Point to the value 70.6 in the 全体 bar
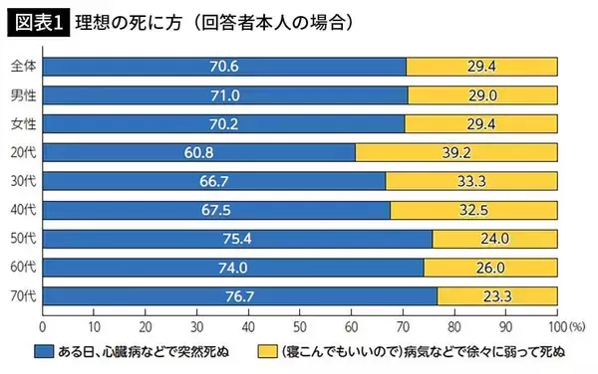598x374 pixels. (x=219, y=67)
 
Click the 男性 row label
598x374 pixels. (x=22, y=95)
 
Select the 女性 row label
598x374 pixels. (x=22, y=124)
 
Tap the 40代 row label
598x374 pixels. (x=22, y=211)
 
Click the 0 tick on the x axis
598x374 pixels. (x=43, y=325)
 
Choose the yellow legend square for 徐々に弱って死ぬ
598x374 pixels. (x=265, y=352)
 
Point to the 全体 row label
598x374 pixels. (x=22, y=67)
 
